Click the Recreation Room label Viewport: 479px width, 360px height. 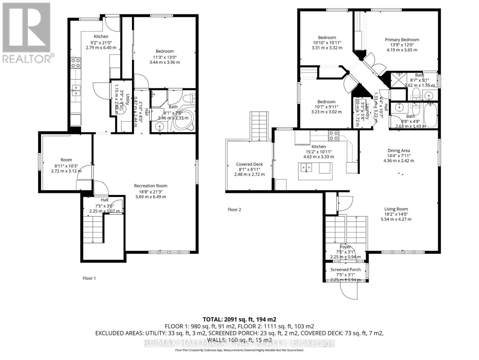point(151,186)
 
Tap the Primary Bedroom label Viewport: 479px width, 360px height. point(402,40)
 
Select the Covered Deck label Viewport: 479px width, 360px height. point(249,164)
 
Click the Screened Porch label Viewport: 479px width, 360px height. point(345,269)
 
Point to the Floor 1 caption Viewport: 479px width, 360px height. point(89,278)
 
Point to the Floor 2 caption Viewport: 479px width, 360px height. point(234,209)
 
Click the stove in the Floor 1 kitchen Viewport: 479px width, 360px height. point(75,63)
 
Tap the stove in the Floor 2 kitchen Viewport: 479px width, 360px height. point(334,136)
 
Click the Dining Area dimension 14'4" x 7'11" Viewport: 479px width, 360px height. point(398,156)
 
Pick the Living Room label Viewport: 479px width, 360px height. point(396,209)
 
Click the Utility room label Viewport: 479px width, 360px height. point(127,99)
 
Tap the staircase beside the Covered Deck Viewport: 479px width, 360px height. point(259,126)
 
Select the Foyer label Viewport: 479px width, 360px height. point(345,247)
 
